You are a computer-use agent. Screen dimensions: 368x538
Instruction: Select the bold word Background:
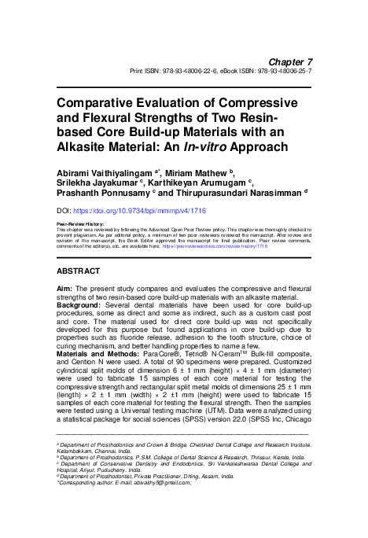81,304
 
